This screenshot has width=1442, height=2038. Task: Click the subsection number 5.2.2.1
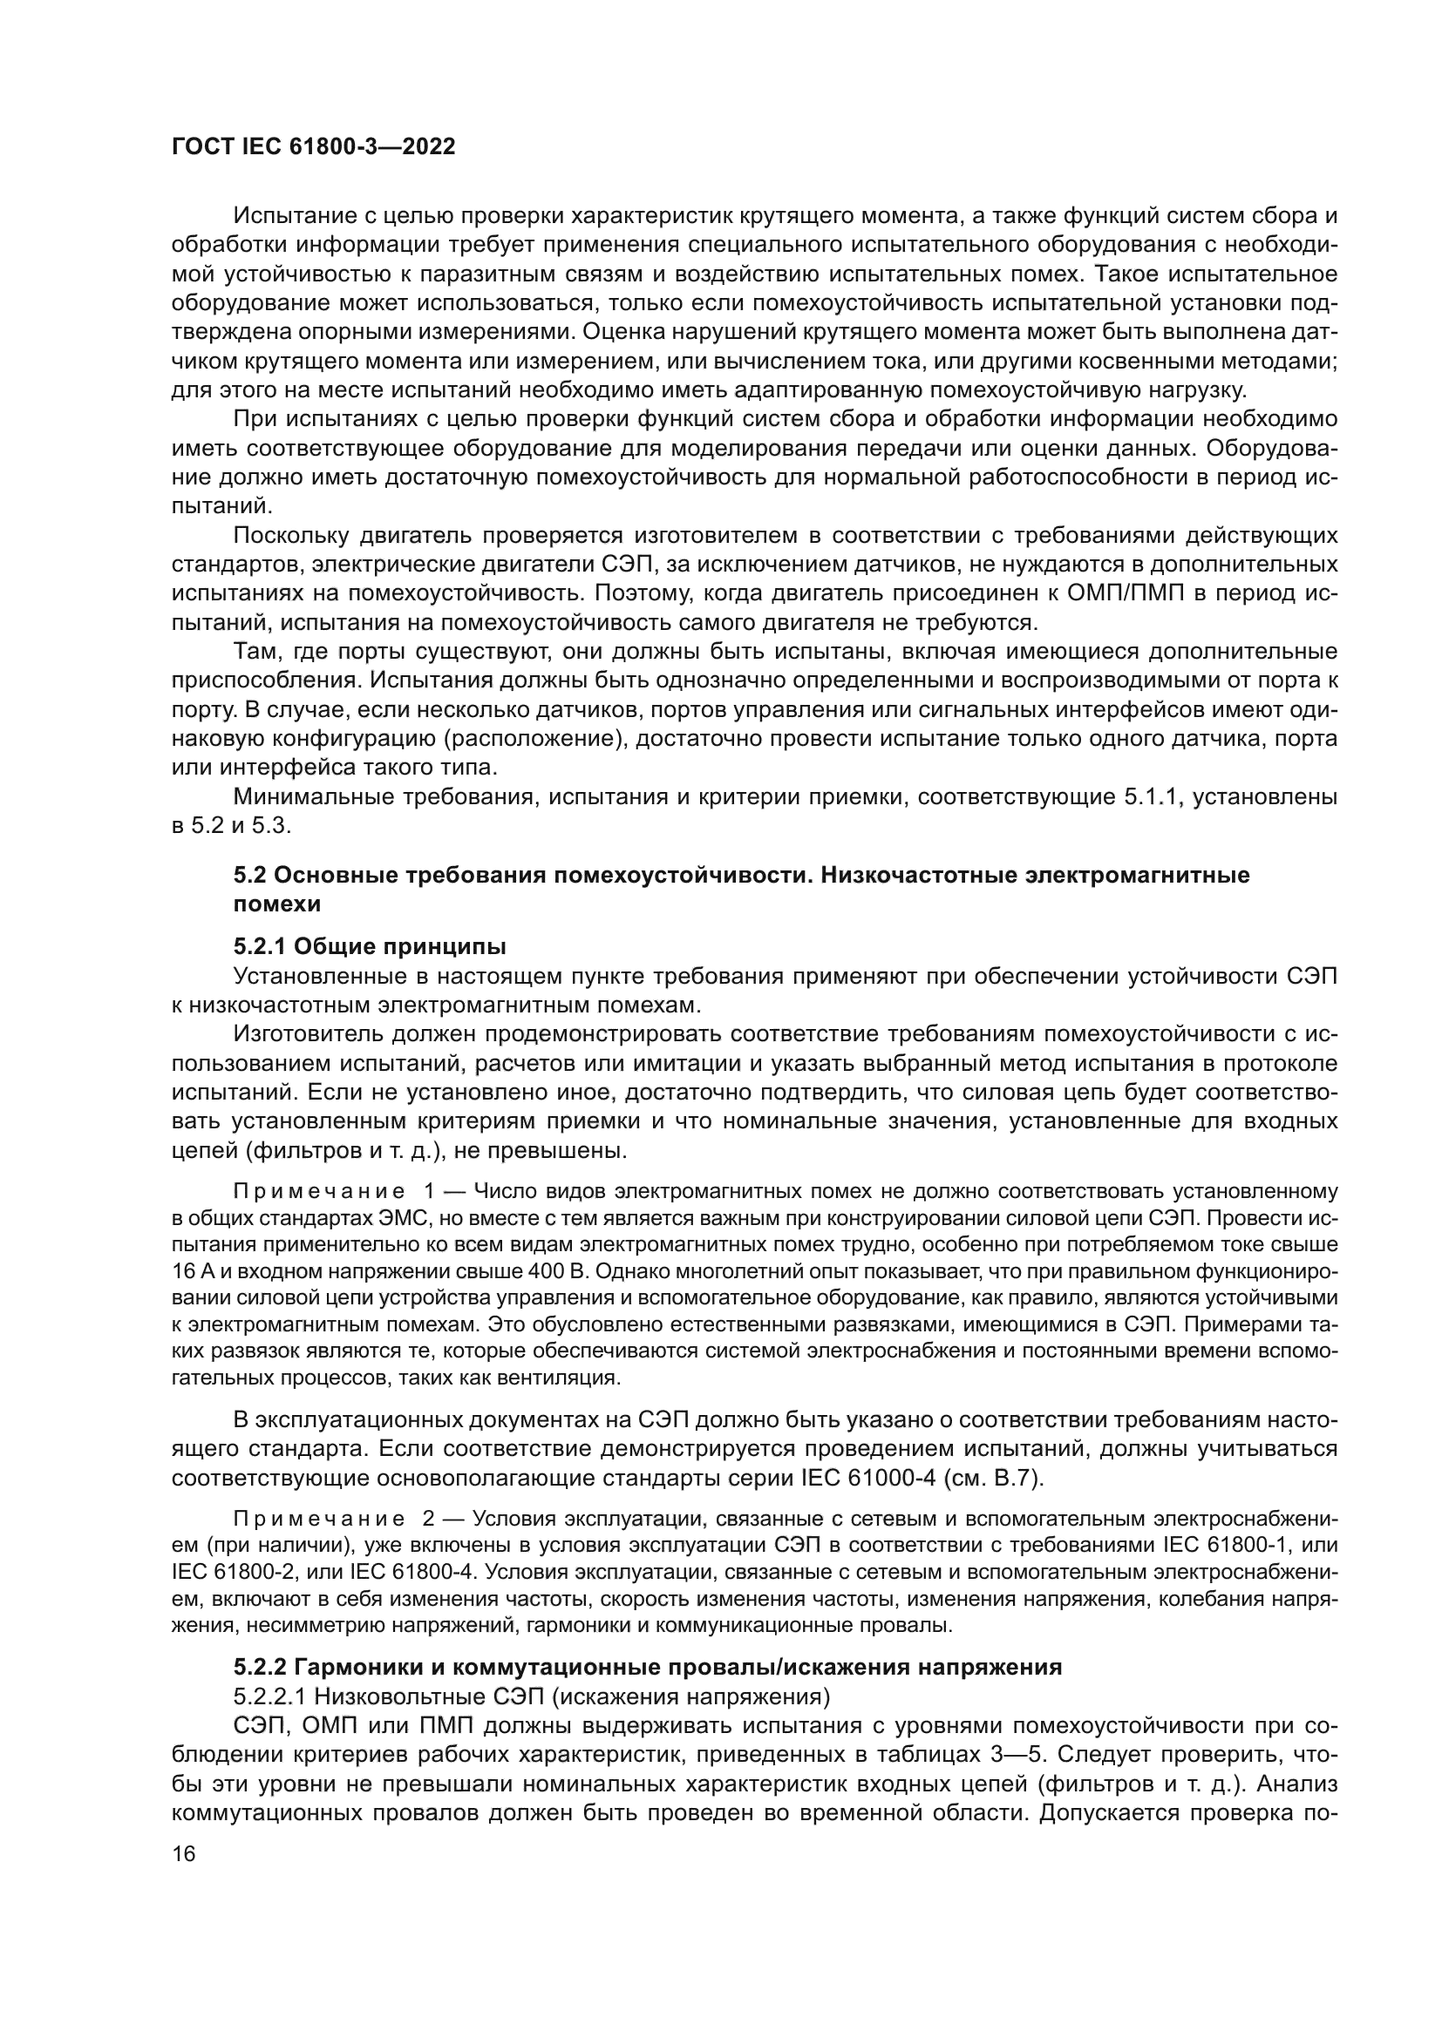[x=270, y=1696]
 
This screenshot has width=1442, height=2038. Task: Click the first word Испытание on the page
[x=291, y=216]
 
